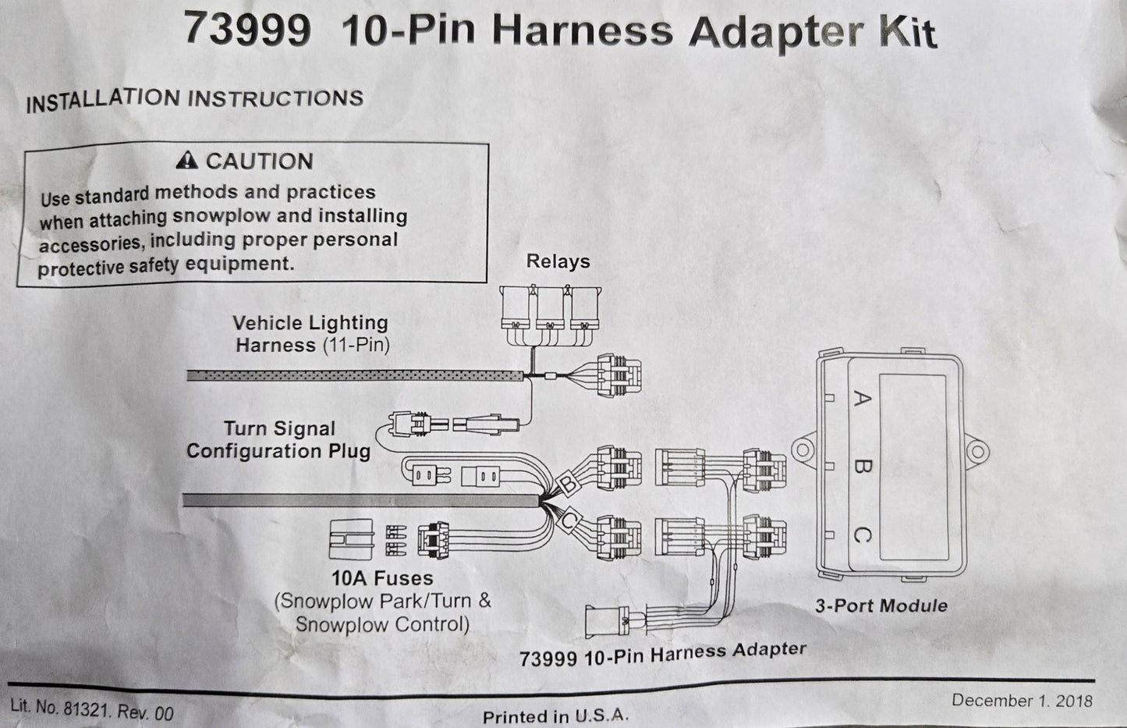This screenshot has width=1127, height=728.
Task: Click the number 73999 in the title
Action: (x=247, y=30)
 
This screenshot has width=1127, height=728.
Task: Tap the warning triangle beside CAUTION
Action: (x=186, y=161)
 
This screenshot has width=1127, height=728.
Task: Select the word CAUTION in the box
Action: (x=259, y=162)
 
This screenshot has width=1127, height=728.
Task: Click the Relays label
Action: (x=558, y=261)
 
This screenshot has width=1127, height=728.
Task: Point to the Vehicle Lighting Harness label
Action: (x=310, y=333)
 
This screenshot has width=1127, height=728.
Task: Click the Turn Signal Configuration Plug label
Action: (x=278, y=440)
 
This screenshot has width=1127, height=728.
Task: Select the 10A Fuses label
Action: (x=382, y=578)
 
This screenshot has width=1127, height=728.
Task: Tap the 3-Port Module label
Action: (x=881, y=605)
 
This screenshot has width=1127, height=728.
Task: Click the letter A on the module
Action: (x=862, y=400)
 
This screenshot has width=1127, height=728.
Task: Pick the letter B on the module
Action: (x=862, y=467)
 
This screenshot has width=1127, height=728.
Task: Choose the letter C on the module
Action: (x=862, y=535)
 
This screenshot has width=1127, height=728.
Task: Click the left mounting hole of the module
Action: (x=802, y=451)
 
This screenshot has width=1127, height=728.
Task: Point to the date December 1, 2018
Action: (x=1022, y=700)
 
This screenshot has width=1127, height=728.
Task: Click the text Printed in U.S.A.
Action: (x=555, y=716)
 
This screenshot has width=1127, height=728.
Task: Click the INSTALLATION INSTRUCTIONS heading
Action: (x=195, y=99)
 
